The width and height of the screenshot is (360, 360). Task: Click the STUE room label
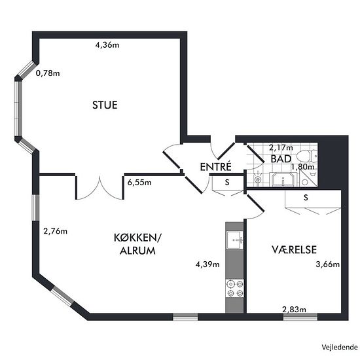[x=105, y=105]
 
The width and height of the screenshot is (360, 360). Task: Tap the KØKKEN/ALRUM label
[x=137, y=244]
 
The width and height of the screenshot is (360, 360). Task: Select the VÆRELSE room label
[x=295, y=249]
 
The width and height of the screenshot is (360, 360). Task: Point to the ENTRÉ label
[x=215, y=167]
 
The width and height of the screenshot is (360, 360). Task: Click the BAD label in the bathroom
[x=281, y=159]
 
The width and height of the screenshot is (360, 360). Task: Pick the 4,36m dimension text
[x=107, y=45]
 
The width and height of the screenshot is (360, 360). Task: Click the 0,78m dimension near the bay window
[x=48, y=73]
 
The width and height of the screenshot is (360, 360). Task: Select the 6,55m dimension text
[x=139, y=183]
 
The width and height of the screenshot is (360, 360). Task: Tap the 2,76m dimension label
[x=56, y=231]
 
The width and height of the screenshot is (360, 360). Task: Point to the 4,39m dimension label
[x=207, y=264]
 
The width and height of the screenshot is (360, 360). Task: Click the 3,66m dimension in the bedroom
[x=328, y=264]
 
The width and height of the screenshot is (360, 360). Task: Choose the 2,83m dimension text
[x=294, y=310]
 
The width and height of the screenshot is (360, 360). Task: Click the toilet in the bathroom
[x=307, y=156]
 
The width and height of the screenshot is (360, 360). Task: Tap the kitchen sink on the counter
[x=234, y=240]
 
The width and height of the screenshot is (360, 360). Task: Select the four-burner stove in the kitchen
[x=234, y=289]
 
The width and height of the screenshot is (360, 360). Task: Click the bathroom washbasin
[x=283, y=179]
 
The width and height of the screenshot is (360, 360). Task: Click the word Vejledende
[x=339, y=347]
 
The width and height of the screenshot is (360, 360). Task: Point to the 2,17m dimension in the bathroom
[x=281, y=147]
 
